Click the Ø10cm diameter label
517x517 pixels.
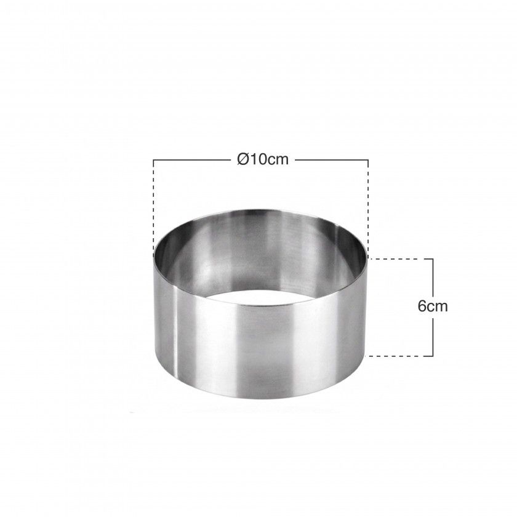pos(263,159)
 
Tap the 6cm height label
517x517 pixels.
pos(433,307)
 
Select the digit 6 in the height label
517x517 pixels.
pos(422,307)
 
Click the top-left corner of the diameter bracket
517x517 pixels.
pos(153,160)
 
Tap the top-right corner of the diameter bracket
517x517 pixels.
pos(368,160)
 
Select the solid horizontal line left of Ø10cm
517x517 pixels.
pos(193,160)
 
